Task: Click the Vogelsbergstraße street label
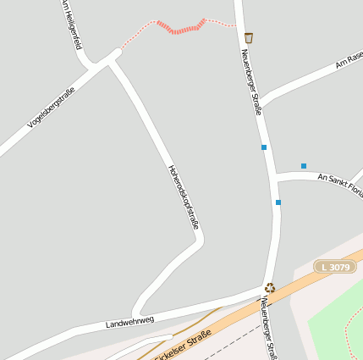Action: click(x=51, y=108)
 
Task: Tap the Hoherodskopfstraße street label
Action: click(x=184, y=197)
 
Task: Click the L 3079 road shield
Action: click(x=334, y=267)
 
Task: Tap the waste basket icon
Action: click(x=248, y=38)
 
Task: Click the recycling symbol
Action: click(x=270, y=288)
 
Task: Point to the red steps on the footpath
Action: click(x=181, y=28)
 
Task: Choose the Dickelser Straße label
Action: click(x=181, y=347)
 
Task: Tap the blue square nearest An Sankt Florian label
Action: click(x=303, y=166)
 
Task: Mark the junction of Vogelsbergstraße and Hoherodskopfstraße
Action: click(x=112, y=58)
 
